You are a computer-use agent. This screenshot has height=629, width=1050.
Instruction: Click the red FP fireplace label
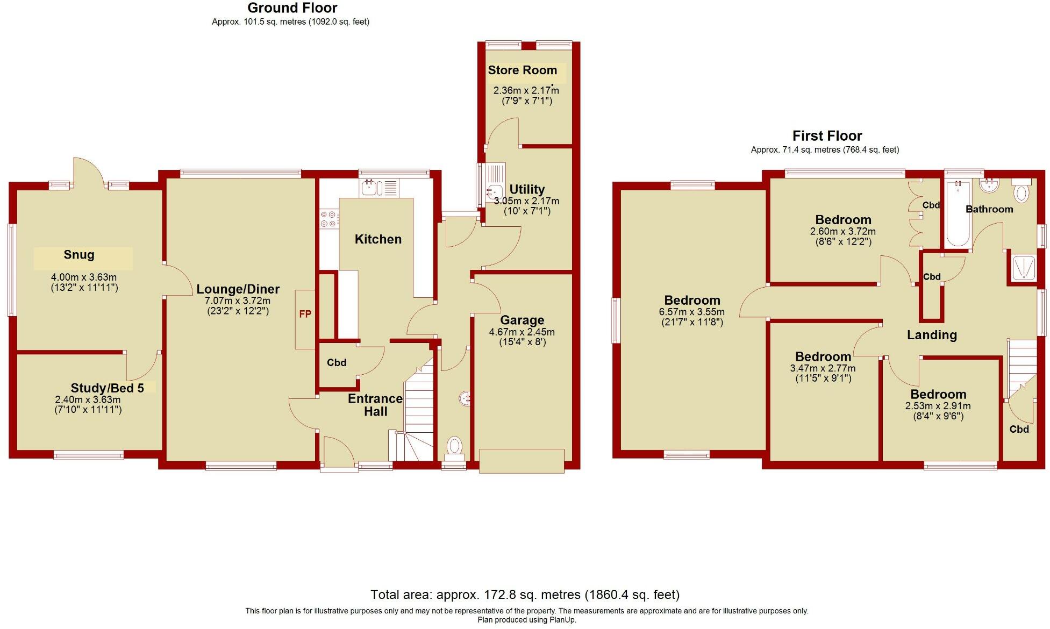coord(305,314)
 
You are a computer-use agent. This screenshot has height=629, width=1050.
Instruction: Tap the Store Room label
coord(522,70)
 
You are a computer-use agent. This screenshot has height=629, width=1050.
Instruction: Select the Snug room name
coord(79,255)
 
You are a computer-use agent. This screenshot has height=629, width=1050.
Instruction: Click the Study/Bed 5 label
coord(108,388)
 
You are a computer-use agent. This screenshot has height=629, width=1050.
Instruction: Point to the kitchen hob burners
coord(328,219)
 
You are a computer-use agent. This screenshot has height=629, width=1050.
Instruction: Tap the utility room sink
coord(494,190)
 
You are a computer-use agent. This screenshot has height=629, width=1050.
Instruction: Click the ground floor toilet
coord(455,447)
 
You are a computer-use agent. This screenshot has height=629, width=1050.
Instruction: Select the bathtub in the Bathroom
coord(958,213)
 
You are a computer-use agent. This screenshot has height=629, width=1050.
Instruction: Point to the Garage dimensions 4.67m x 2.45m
coord(522,332)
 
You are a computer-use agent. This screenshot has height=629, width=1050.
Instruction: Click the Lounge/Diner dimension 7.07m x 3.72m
coord(238,301)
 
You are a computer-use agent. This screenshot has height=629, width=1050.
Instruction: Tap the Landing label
coord(932,335)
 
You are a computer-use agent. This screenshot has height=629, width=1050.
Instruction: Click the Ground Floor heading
coord(292,8)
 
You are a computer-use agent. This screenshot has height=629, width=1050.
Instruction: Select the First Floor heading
coord(827,136)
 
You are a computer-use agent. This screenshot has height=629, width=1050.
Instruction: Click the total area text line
coord(525,595)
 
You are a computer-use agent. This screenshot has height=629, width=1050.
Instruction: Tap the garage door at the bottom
coord(521,461)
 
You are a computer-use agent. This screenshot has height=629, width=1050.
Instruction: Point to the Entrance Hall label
coord(375,405)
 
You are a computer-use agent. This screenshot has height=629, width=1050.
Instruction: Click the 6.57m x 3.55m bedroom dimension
coord(691,312)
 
